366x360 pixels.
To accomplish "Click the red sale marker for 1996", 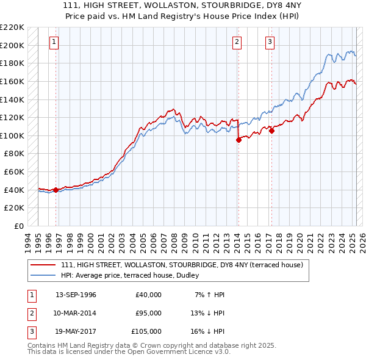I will click(x=56, y=190).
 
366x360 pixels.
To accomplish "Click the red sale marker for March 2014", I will click(x=239, y=140).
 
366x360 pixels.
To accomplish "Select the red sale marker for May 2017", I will click(x=272, y=130).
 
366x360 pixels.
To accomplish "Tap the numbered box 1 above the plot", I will click(x=55, y=42).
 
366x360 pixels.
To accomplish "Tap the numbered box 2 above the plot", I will click(x=237, y=42).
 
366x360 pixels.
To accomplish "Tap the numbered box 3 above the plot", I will click(x=270, y=42).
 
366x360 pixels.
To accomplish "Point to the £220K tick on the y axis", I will click(x=12, y=27).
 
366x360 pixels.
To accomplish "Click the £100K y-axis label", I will click(x=12, y=135).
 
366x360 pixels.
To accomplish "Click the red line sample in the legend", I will click(x=44, y=265).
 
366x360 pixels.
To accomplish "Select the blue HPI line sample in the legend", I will click(x=44, y=275).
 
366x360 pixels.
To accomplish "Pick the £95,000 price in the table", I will click(x=148, y=313).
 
